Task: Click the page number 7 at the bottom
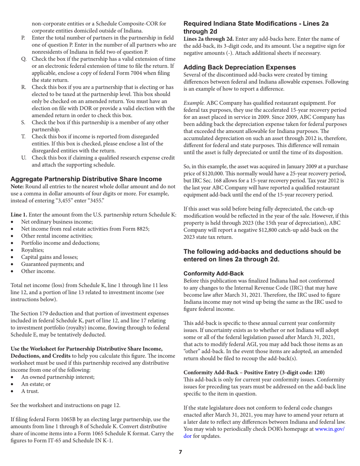coord(180,452)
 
